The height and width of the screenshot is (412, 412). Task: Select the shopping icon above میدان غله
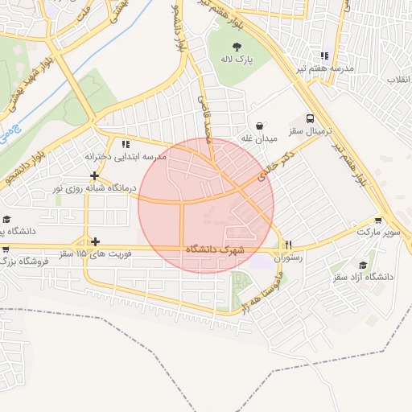(260, 126)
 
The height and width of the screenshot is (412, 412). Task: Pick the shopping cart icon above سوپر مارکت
(378, 220)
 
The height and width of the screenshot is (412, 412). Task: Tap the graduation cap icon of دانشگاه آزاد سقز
(363, 265)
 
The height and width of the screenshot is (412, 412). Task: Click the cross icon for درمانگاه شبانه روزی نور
(95, 175)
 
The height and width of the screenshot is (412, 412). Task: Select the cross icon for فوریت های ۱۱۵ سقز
(95, 241)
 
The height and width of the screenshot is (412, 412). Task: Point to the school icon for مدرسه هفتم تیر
(324, 56)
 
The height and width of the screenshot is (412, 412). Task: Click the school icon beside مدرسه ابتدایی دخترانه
(125, 144)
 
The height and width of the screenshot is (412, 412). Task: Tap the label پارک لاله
(237, 60)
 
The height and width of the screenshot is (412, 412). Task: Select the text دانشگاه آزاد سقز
(362, 277)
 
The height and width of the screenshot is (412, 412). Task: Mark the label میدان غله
(259, 138)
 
